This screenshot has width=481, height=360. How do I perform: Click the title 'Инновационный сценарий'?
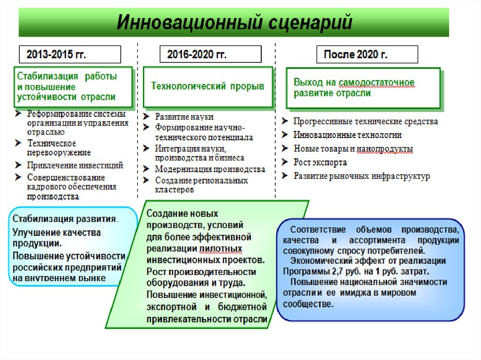click(233, 23)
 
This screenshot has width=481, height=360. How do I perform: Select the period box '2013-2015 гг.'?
click(70, 54)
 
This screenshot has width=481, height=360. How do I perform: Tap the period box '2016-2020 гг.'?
click(210, 54)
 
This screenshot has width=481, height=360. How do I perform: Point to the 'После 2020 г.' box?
click(367, 54)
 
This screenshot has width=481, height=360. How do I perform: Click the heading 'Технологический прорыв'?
click(207, 86)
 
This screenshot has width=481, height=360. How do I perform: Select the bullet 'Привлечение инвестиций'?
click(75, 165)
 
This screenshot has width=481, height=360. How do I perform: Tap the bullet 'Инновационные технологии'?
click(348, 135)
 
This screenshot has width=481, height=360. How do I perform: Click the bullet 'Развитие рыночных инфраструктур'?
click(362, 176)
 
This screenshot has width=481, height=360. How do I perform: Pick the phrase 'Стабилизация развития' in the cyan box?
click(64, 219)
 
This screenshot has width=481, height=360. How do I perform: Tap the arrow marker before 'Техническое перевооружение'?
click(17, 143)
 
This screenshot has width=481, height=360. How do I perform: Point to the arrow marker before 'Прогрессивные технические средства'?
click(285, 121)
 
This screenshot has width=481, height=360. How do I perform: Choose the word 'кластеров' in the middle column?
click(174, 190)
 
